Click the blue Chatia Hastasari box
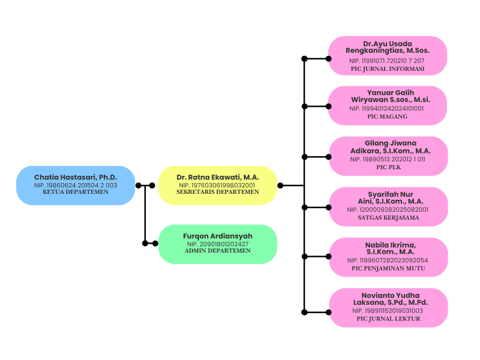point(76,185)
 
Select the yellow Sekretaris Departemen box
point(218,185)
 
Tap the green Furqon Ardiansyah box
point(218,244)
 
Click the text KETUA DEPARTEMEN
point(76,192)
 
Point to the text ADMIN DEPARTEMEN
point(218,251)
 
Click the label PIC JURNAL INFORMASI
point(388,69)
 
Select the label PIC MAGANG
point(388,116)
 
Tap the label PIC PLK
point(388,167)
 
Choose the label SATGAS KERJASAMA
point(388,218)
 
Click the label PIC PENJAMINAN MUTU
point(388,268)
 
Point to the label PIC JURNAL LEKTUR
point(388,319)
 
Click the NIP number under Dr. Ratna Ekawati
point(217,185)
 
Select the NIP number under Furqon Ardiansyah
point(218,244)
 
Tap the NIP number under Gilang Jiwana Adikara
point(388,159)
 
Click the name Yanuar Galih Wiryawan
point(391,96)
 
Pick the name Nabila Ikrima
point(391,248)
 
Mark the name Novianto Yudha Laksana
point(391,299)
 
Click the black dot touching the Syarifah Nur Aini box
point(328,208)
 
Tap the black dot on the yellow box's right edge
point(280,185)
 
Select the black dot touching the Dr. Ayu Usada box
point(328,58)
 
